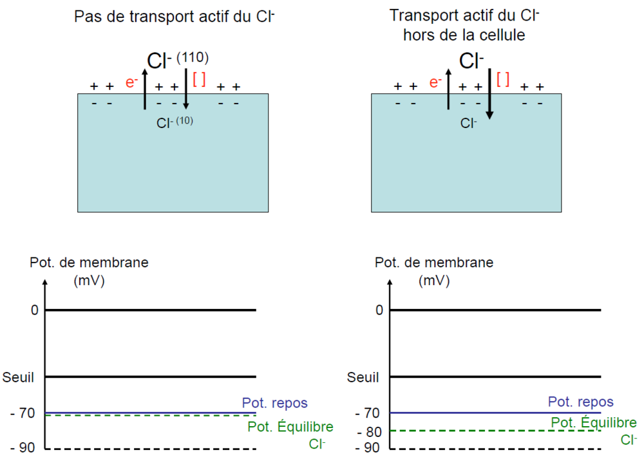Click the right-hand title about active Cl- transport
pyautogui.click(x=464, y=26)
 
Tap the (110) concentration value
pyautogui.click(x=192, y=58)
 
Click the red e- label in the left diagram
pyautogui.click(x=132, y=82)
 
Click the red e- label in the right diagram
pyautogui.click(x=435, y=82)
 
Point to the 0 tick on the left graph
pyautogui.click(x=35, y=310)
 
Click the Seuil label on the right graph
pyautogui.click(x=363, y=377)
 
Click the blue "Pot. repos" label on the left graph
pyautogui.click(x=275, y=403)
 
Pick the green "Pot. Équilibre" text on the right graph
pyautogui.click(x=594, y=423)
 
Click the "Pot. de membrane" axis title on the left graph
pyautogui.click(x=89, y=263)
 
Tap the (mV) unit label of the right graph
pyautogui.click(x=434, y=281)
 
